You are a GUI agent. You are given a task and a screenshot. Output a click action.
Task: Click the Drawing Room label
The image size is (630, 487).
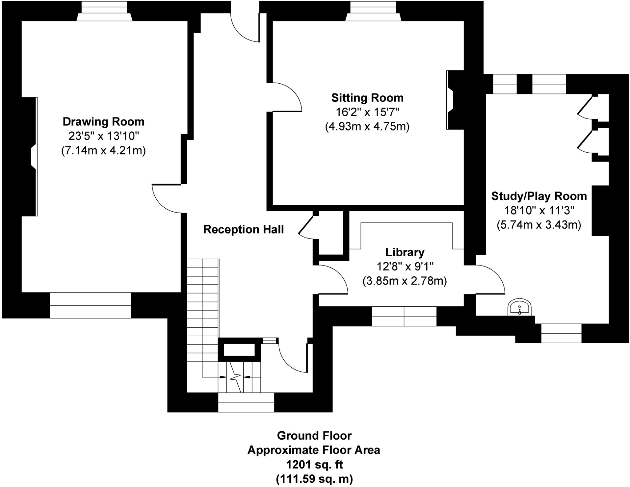(x=103, y=122)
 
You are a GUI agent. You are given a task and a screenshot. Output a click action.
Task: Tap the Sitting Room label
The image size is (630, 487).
(x=367, y=98)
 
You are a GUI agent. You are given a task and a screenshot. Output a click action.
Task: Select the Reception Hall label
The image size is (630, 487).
(x=243, y=230)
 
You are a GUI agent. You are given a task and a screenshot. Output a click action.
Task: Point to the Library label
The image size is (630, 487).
(x=405, y=252)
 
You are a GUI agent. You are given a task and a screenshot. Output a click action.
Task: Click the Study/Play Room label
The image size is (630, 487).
(x=539, y=196)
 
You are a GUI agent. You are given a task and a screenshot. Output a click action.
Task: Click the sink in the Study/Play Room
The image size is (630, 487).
(x=520, y=307)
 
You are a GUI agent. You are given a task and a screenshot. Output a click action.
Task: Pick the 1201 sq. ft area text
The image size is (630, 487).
(x=314, y=464)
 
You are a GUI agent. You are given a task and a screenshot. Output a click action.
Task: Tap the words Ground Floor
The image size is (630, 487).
(x=314, y=436)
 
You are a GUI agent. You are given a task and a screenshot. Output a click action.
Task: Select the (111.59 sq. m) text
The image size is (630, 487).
(x=314, y=479)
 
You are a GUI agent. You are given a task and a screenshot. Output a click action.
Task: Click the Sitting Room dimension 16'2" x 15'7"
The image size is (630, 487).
(x=367, y=112)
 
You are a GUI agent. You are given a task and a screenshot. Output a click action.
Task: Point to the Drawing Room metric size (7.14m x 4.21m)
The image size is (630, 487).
(x=103, y=151)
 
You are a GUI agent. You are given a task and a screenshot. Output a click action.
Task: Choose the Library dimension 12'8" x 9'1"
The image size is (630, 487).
(x=405, y=266)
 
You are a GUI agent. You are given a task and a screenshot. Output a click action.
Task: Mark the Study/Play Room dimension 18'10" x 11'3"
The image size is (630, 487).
(x=539, y=210)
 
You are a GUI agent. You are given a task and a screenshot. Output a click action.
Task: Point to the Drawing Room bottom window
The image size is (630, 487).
(x=90, y=305)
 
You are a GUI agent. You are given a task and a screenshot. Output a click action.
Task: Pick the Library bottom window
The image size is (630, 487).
(x=404, y=316)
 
